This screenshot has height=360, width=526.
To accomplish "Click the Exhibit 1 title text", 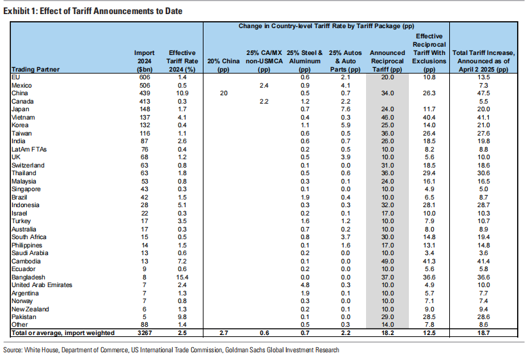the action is [93, 11].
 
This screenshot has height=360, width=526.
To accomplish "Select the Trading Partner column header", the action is [35, 70].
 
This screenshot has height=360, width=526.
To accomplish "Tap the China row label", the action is [19, 93].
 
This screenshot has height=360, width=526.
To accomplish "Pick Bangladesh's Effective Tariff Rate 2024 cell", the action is [182, 278].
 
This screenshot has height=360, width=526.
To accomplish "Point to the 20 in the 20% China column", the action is [223, 93].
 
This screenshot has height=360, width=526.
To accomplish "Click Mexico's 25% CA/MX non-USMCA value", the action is [264, 86].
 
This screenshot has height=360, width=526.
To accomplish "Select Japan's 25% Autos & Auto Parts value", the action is [346, 109].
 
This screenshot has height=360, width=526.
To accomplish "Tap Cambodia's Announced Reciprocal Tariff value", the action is [387, 261].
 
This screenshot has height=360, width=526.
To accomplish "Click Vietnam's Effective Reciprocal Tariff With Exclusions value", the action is [429, 117].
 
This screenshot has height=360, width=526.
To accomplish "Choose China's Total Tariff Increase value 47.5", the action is [483, 93].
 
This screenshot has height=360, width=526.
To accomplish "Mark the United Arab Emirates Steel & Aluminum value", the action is [305, 285].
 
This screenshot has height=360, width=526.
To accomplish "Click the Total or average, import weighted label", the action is [63, 333].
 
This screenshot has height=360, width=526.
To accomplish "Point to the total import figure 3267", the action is [144, 333].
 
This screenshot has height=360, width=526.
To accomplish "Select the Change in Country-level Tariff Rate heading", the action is [326, 26].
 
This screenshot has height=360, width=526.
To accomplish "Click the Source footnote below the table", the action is [171, 350].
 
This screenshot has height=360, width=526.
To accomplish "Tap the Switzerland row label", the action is [28, 165].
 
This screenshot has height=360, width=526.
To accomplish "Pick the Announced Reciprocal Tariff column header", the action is [387, 61].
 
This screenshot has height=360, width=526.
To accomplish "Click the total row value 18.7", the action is [483, 333].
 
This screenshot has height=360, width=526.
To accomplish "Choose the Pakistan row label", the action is [24, 317].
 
